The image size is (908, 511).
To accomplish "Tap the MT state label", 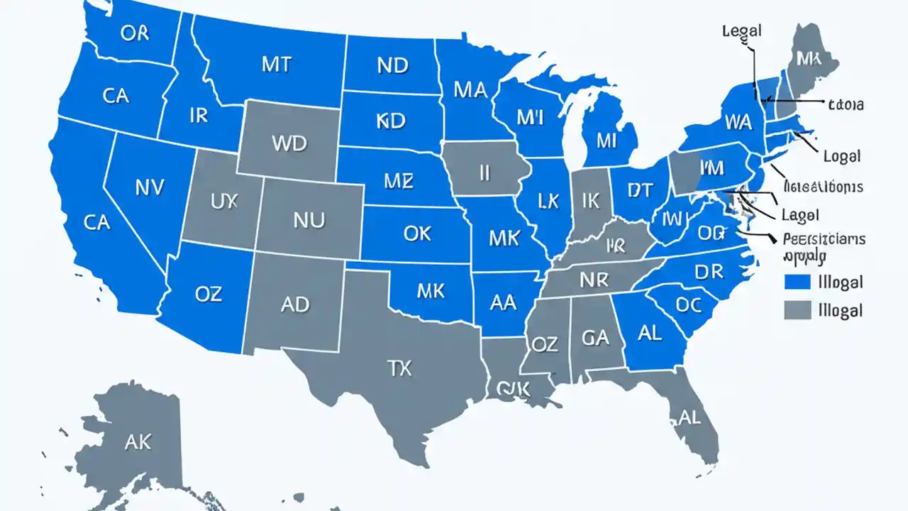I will click(276, 64).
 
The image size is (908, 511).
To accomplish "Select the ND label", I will click(392, 65).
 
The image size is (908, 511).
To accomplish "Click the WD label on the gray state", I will click(289, 143).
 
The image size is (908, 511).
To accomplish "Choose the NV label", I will click(149, 187).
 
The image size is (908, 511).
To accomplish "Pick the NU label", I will click(309, 220).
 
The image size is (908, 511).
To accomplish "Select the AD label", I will click(294, 304).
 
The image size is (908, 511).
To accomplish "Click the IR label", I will click(199, 116).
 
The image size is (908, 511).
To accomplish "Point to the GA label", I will click(595, 338).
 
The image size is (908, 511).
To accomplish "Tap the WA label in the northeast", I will click(738, 122).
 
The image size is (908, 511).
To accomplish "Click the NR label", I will click(594, 280).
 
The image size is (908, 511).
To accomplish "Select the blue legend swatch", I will click(797, 282).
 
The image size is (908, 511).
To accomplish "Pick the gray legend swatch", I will click(797, 309).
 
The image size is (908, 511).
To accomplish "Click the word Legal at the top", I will click(741, 31).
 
